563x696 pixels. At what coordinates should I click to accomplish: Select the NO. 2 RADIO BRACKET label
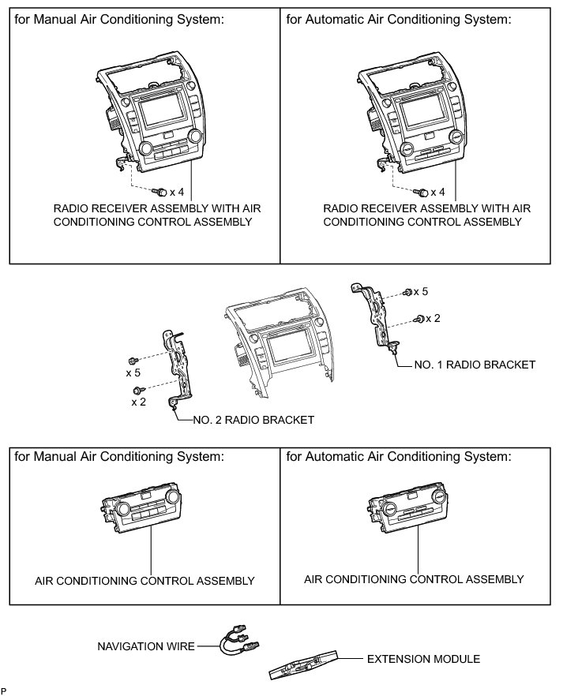click(253, 420)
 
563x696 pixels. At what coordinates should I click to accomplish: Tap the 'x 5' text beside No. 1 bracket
click(420, 292)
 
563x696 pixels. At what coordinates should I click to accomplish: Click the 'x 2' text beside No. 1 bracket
click(433, 318)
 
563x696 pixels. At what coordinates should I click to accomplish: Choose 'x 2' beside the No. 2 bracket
click(139, 402)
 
